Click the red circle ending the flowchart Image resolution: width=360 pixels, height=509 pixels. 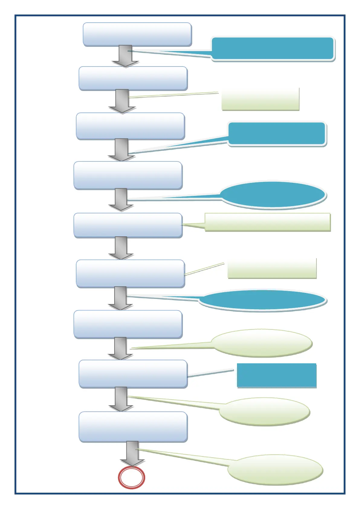(131, 478)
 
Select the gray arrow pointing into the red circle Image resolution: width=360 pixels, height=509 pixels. (132, 453)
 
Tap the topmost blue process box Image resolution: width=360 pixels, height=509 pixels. (137, 34)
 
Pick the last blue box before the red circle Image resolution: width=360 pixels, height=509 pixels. (133, 427)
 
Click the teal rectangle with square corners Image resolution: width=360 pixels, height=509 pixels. (277, 375)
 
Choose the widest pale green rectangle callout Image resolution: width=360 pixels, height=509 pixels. (268, 222)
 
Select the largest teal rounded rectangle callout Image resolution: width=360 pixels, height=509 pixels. (273, 49)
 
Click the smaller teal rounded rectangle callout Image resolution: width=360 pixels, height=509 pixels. (277, 134)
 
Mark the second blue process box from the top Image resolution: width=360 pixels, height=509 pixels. (133, 78)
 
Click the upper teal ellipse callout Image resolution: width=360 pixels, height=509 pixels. (273, 195)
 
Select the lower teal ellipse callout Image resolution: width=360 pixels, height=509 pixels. (262, 300)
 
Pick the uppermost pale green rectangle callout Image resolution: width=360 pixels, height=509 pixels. (260, 99)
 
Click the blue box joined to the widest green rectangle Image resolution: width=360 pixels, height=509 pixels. (128, 225)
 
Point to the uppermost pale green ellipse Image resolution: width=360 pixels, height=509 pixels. (262, 343)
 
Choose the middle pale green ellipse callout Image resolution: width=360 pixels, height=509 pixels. (264, 412)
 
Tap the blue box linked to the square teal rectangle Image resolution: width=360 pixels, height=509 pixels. (133, 374)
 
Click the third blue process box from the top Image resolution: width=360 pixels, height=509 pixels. (130, 126)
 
